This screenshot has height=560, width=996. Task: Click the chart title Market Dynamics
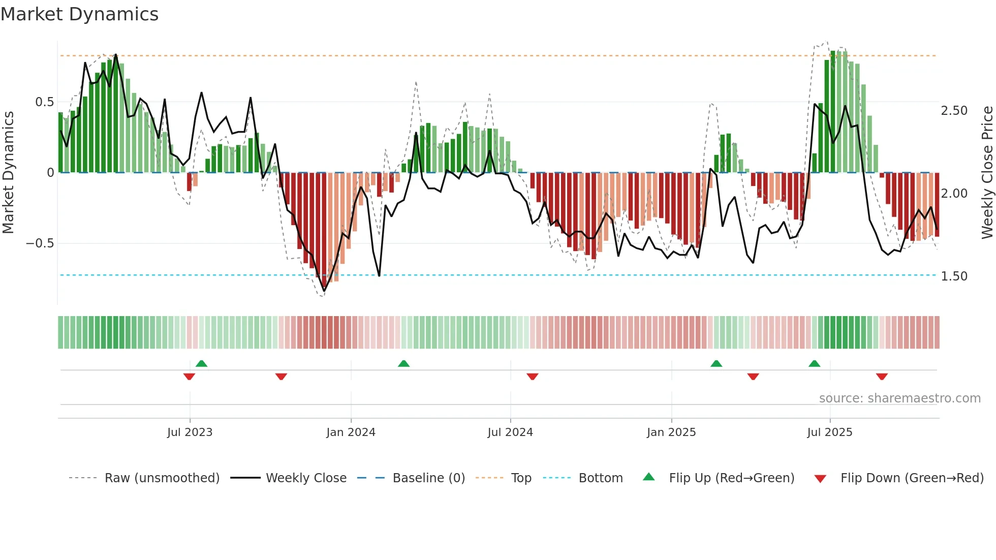79,14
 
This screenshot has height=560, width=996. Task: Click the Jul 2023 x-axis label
190,432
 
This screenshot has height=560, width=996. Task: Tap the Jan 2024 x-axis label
351,432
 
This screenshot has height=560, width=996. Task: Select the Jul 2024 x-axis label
510,432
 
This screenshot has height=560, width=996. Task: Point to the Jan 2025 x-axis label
671,432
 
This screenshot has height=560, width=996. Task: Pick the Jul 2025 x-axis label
830,432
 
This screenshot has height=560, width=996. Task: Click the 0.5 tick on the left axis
44,102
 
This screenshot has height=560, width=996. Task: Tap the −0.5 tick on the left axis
40,243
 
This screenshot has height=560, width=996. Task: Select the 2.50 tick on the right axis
954,111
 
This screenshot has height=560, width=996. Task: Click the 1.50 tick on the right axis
954,276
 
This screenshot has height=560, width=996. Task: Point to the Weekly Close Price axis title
987,172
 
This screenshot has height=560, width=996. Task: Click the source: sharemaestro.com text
899,398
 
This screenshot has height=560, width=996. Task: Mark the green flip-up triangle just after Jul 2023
201,363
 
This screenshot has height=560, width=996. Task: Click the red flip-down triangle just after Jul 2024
532,377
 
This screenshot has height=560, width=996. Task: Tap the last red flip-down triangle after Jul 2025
882,377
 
